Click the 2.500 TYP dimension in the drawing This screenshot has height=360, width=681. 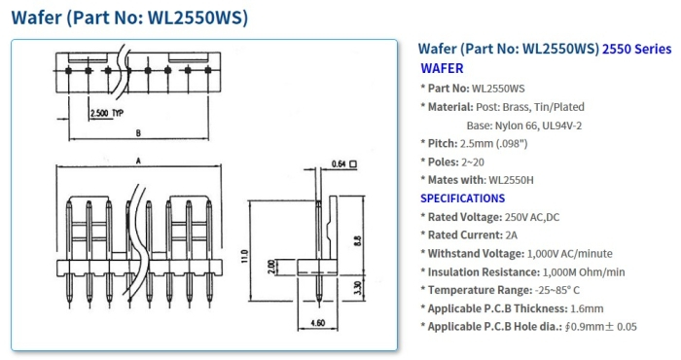click(x=107, y=114)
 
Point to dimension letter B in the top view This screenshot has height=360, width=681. click(x=140, y=132)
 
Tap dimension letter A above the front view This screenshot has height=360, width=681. click(x=140, y=161)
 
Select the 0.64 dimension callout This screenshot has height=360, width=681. click(x=339, y=162)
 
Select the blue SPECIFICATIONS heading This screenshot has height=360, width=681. click(x=462, y=198)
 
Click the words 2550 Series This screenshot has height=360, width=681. click(x=636, y=48)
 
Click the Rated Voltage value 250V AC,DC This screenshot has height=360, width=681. click(x=538, y=216)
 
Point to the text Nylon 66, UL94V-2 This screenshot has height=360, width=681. click(x=545, y=125)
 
